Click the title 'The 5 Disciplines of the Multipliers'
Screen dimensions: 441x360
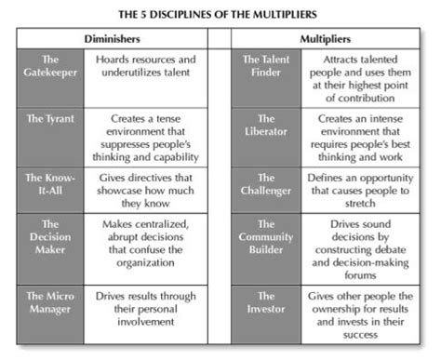coord(220,15)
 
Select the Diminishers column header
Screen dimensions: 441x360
coord(112,41)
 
